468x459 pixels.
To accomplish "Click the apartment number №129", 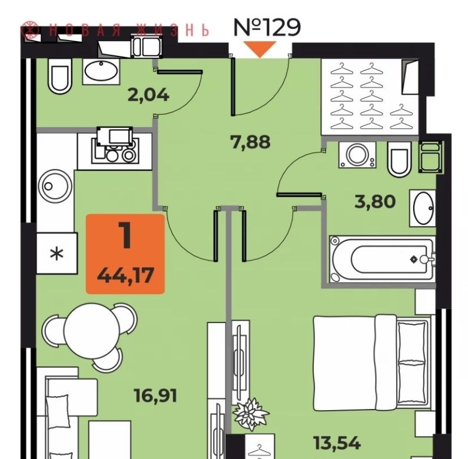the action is click(267, 27).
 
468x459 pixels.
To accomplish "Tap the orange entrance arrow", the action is click(260, 49).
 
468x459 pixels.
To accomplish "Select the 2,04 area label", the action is click(148, 95).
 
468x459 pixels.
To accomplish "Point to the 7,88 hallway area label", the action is click(250, 142).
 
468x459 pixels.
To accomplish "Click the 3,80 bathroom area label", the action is click(375, 201).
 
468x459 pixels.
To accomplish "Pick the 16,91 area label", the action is click(155, 395).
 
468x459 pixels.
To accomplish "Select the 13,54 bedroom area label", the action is click(337, 443).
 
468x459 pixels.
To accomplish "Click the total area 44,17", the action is click(125, 275).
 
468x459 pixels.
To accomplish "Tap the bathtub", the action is click(382, 259).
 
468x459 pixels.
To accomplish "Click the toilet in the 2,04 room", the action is click(59, 76).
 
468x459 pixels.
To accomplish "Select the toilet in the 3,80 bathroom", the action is click(399, 159).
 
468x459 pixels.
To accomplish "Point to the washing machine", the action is click(357, 155).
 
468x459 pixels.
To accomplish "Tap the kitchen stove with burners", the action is click(115, 145).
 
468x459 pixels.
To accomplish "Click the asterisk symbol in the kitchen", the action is click(57, 255).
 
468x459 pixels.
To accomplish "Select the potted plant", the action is click(251, 414).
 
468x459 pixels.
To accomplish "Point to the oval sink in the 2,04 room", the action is click(101, 71).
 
